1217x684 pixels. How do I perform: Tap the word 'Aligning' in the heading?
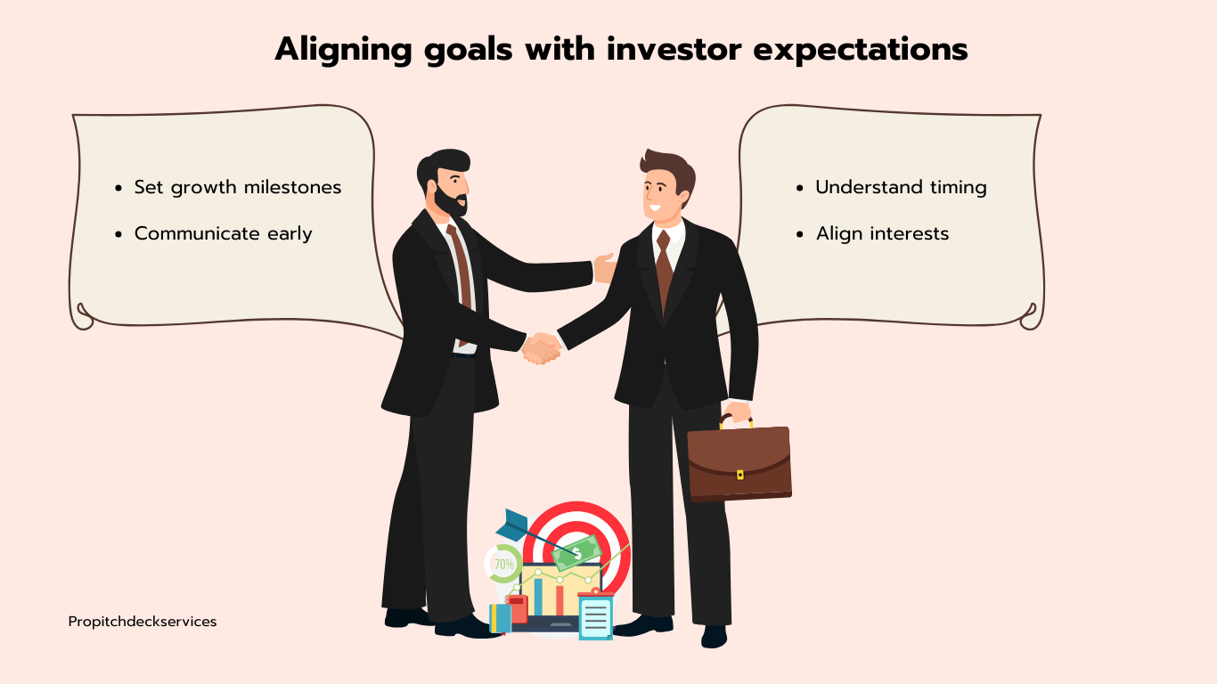pos(343,51)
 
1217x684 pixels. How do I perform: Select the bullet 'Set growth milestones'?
pos(237,187)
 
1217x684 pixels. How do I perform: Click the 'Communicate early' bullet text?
pos(223,233)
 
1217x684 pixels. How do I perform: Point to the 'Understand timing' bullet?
pos(901,187)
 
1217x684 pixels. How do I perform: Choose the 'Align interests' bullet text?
pos(882,233)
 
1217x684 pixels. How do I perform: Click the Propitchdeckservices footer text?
pos(143,622)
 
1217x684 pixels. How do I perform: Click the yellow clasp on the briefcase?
pos(740,475)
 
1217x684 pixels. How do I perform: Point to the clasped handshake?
pos(541,348)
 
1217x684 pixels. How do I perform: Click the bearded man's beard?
pos(451,199)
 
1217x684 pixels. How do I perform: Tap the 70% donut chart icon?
pos(503,564)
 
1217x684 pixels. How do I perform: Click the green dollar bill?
pos(577,553)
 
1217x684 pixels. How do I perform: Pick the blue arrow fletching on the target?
pos(511,525)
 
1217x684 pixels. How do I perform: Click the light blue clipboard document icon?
pos(595,616)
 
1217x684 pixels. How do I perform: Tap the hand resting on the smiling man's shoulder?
pos(605,268)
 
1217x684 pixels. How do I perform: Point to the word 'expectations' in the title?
pos(861,51)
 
